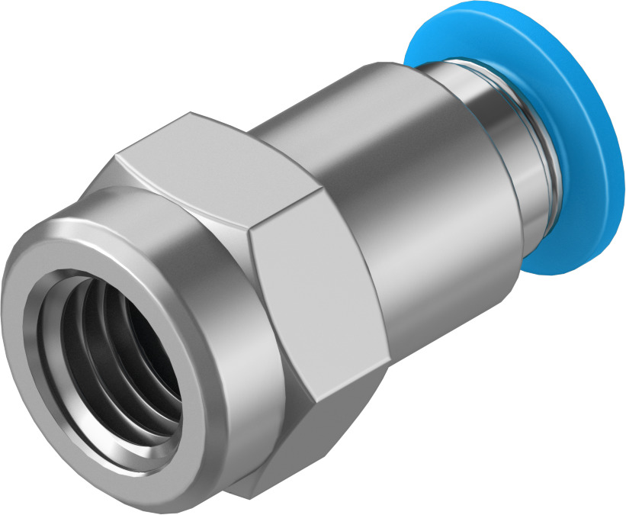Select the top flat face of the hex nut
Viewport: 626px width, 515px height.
click(206, 164)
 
